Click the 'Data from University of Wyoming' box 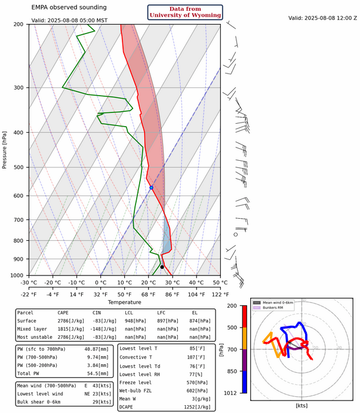click(x=185, y=12)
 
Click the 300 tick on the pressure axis click(x=19, y=88)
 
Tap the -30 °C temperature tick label click(x=29, y=283)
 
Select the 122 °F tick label click(x=220, y=293)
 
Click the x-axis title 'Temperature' click(x=125, y=302)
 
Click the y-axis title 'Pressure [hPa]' click(x=5, y=149)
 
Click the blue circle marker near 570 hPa click(x=152, y=188)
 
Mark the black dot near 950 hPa click(x=162, y=267)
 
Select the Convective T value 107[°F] click(x=202, y=357)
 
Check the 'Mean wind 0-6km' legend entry click(x=278, y=302)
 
